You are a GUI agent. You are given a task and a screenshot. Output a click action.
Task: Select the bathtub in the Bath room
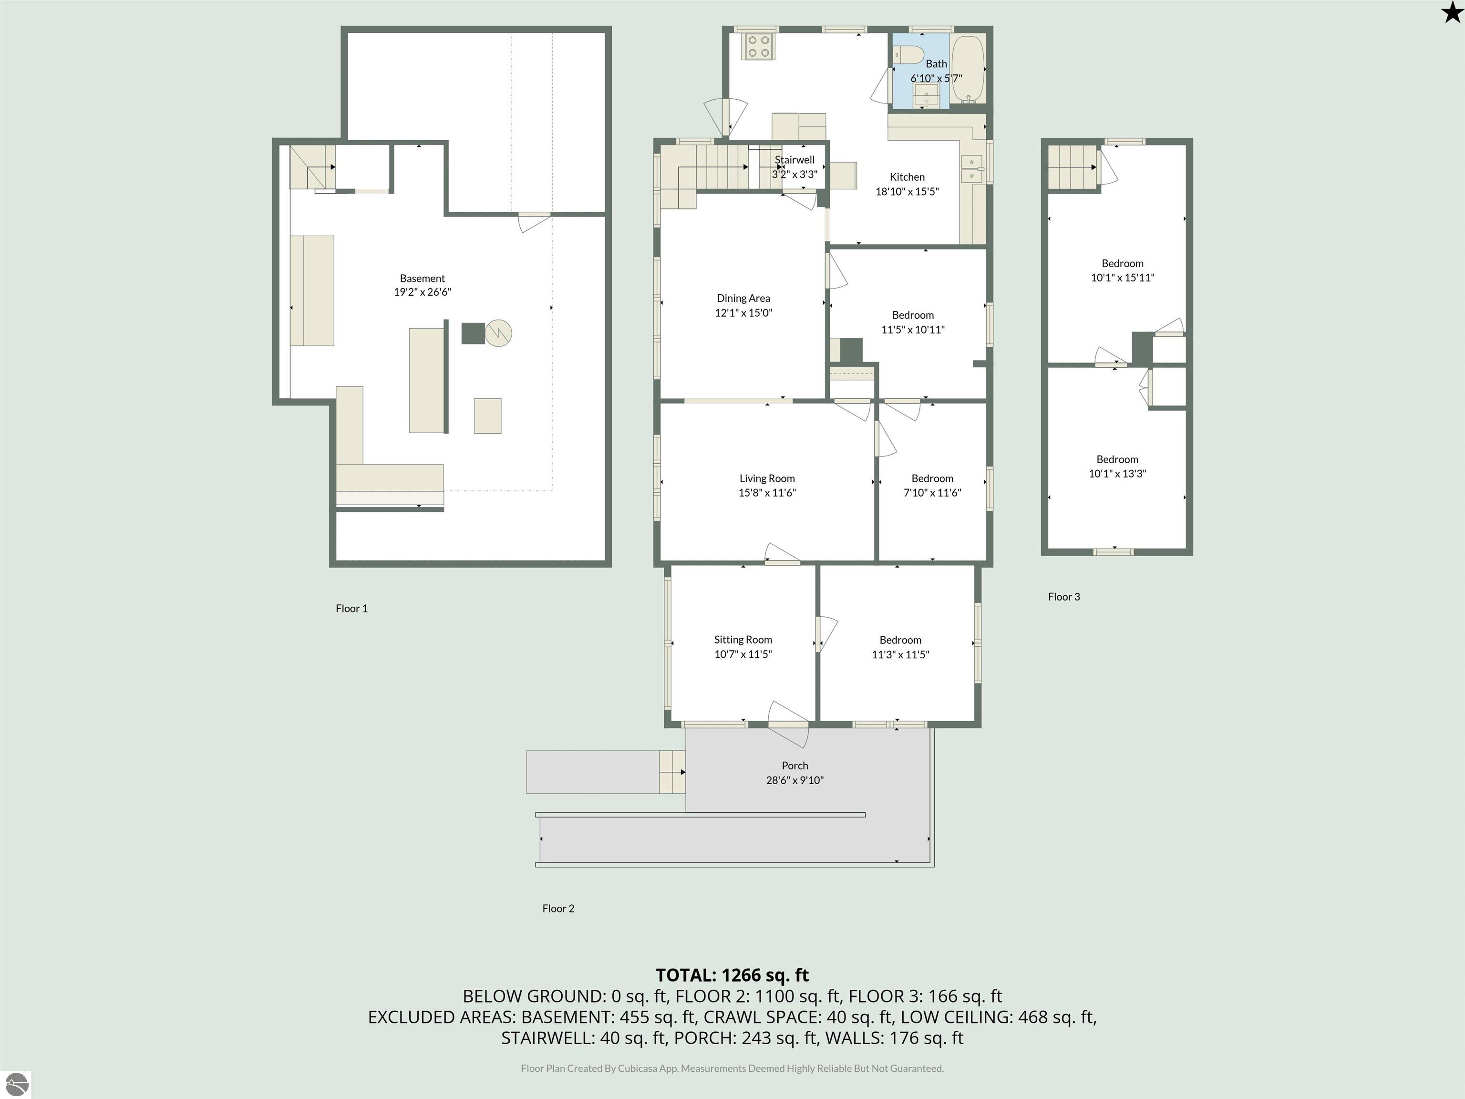click(x=968, y=69)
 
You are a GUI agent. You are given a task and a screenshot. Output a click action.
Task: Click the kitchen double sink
click(x=971, y=168)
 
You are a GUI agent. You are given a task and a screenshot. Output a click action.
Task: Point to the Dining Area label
click(x=743, y=298)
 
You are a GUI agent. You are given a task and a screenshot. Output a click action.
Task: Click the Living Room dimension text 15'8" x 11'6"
click(x=767, y=492)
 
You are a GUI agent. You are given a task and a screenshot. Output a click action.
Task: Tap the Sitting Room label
click(x=743, y=639)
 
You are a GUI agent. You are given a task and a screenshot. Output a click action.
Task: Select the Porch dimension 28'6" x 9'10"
click(x=795, y=780)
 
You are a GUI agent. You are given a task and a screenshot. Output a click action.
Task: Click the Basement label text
click(x=422, y=278)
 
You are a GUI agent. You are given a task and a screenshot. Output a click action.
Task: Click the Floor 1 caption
click(x=351, y=608)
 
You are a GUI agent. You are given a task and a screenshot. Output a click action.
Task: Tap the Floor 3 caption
click(x=1063, y=596)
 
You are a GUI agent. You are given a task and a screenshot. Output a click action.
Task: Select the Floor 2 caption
click(x=558, y=908)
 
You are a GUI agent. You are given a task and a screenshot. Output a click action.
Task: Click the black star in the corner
click(x=1451, y=12)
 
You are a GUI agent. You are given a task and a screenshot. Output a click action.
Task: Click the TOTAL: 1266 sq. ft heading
click(x=732, y=975)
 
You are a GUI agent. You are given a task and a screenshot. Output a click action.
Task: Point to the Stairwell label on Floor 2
click(x=795, y=160)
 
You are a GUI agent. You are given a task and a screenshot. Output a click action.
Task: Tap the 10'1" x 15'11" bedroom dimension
click(x=1123, y=278)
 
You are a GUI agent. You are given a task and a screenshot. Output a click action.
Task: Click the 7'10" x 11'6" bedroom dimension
click(x=932, y=492)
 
